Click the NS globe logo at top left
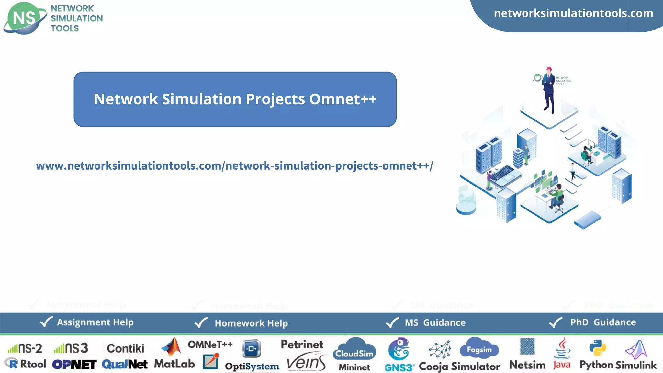(25, 18)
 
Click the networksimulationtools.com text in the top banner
(573, 13)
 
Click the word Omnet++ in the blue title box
(343, 99)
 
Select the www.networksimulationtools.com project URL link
(234, 166)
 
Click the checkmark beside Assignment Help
(46, 322)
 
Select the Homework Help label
(251, 323)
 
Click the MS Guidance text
(435, 322)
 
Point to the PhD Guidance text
(603, 322)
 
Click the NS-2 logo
(25, 348)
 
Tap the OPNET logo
(74, 365)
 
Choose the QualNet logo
(125, 365)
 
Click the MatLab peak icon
(172, 347)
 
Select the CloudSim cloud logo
(354, 350)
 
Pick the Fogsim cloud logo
(479, 349)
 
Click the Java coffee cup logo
(562, 349)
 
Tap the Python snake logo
(598, 348)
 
